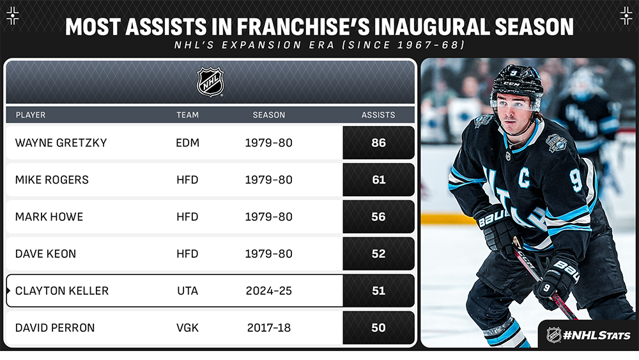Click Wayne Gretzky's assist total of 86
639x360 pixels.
coord(378,143)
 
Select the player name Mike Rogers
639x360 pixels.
coord(52,180)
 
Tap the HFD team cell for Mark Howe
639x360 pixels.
coord(187,217)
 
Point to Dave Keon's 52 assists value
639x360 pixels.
coord(378,254)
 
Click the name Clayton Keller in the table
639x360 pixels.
coord(62,291)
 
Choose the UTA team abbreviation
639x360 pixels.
coord(187,291)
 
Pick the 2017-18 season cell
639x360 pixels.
coord(269,328)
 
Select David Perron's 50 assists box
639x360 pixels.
coord(378,328)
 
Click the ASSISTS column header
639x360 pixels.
coord(378,115)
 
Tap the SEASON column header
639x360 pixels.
coord(269,115)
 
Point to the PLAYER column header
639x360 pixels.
coord(31,115)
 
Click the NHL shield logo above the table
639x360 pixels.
coord(210,82)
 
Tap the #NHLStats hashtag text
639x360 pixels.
coord(597,336)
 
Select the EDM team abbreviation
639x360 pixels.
coord(187,143)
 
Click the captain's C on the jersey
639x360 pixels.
coord(524,178)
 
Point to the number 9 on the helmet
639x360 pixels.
coord(514,73)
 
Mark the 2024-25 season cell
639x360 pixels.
coord(269,291)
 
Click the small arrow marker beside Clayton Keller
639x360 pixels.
coord(8,291)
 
